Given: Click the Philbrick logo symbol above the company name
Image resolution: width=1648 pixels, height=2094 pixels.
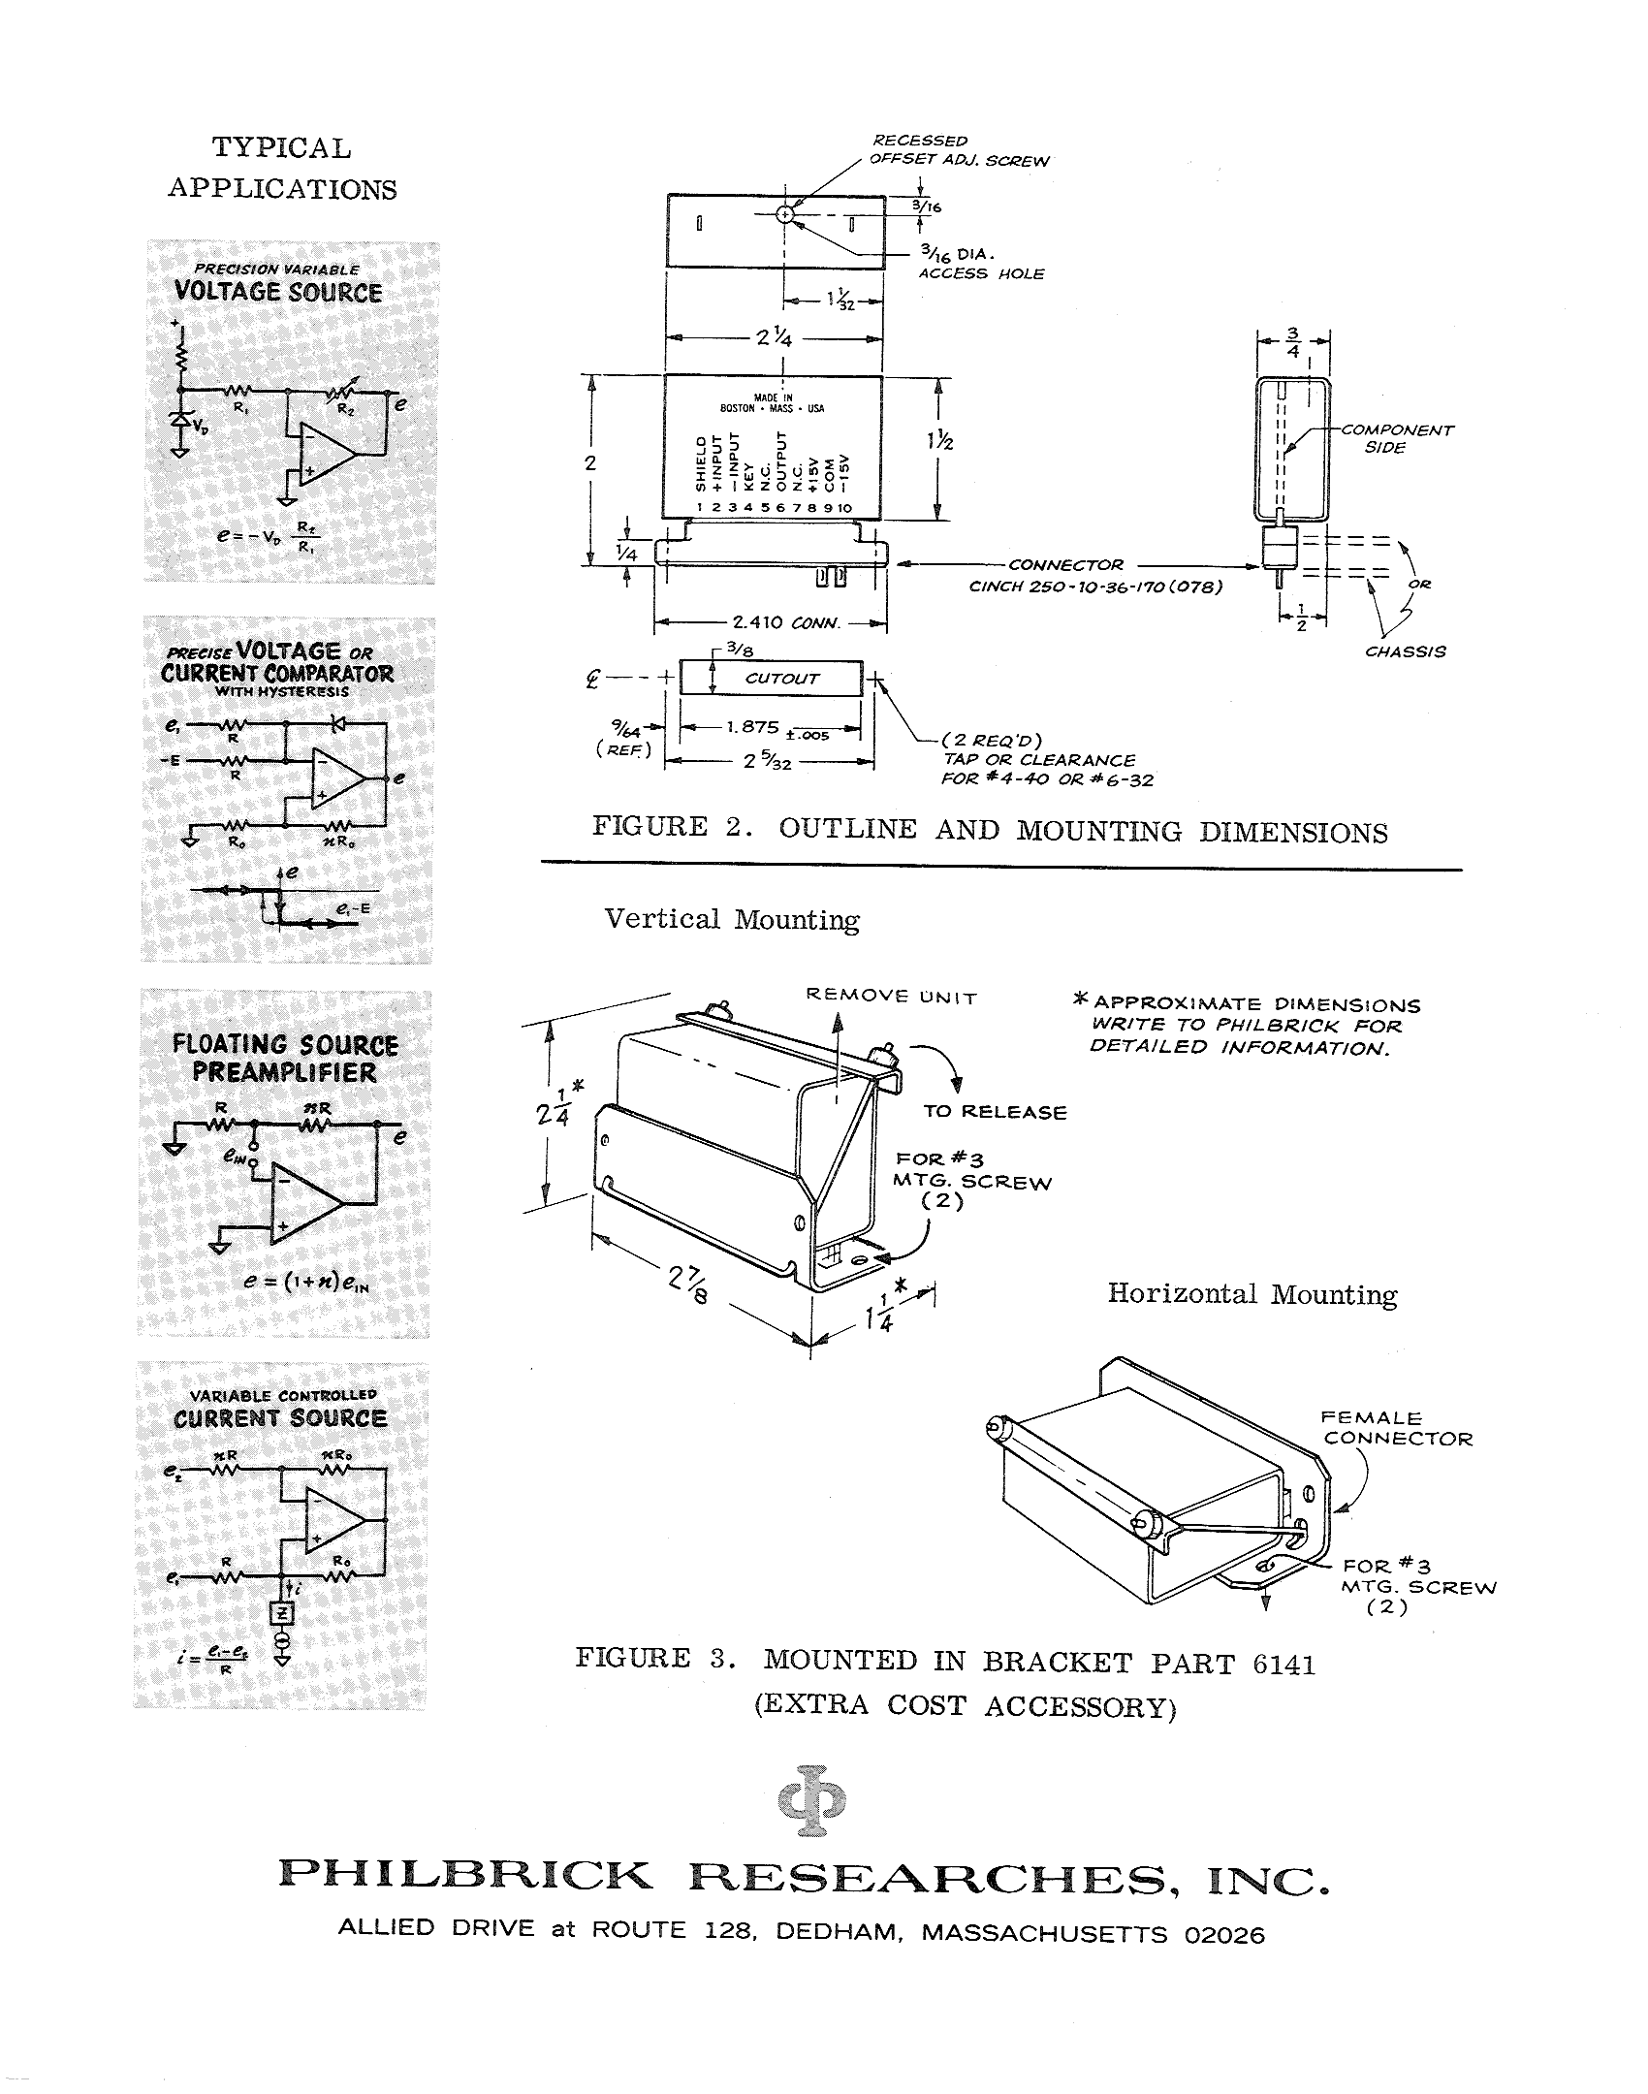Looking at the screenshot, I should click(811, 1800).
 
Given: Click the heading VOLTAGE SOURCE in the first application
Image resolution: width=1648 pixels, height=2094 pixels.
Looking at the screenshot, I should click(278, 292).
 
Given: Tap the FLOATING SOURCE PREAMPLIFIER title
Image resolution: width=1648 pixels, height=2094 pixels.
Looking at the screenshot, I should click(285, 1059).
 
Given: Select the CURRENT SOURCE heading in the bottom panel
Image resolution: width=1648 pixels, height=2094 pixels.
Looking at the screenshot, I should click(280, 1418).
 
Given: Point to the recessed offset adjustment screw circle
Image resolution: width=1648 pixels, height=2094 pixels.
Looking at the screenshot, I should click(786, 214).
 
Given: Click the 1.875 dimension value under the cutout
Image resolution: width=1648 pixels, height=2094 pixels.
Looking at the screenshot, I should click(753, 726).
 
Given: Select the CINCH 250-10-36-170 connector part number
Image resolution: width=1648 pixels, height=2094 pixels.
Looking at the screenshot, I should click(1094, 587).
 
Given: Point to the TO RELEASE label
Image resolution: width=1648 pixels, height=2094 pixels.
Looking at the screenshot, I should click(995, 1112).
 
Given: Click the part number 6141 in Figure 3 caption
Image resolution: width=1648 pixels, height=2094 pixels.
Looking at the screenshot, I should click(1284, 1665).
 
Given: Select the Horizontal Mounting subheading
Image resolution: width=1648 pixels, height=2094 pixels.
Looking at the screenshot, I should click(1252, 1294).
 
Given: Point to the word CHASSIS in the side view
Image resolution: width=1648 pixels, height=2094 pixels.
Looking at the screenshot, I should click(1405, 651).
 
